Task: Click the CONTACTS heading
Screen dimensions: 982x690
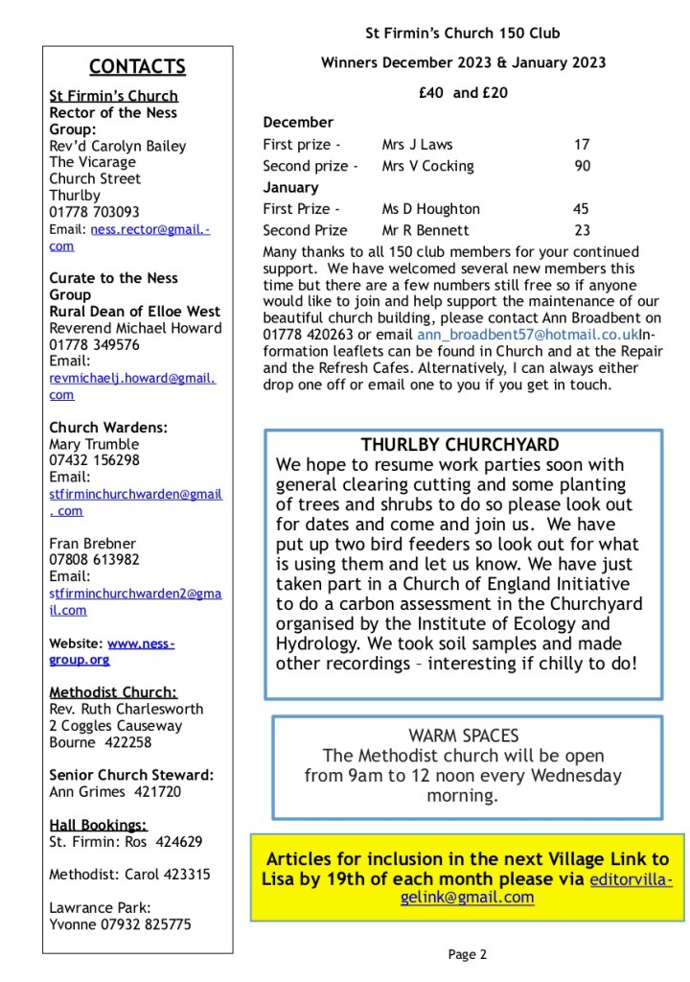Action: coord(137,66)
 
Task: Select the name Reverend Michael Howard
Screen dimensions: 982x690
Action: coord(135,328)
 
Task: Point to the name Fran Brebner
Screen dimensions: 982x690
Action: coord(92,543)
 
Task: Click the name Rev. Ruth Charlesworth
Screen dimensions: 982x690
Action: coord(127,709)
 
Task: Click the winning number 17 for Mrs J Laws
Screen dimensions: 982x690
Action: coord(582,145)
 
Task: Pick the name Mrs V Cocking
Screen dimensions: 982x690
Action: coord(427,166)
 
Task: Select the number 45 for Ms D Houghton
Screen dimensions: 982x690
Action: coord(581,209)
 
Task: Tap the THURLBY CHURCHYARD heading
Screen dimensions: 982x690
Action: coord(460,445)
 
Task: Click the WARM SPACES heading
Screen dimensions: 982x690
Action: coord(463,736)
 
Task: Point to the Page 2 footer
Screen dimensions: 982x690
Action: coord(468,953)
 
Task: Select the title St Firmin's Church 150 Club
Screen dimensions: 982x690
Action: coord(463,34)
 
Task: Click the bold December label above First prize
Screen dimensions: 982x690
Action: coord(298,123)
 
